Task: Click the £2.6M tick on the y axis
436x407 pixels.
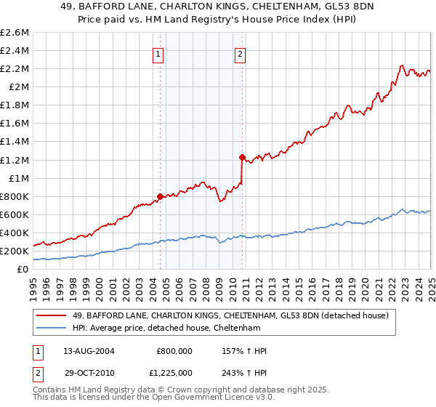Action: point(15,33)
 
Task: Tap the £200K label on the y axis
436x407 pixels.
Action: point(15,251)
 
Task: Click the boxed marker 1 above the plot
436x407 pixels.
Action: point(158,53)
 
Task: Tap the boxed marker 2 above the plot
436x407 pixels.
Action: point(241,53)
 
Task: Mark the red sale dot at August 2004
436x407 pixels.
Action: point(160,196)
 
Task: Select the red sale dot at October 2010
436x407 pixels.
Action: point(242,157)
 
